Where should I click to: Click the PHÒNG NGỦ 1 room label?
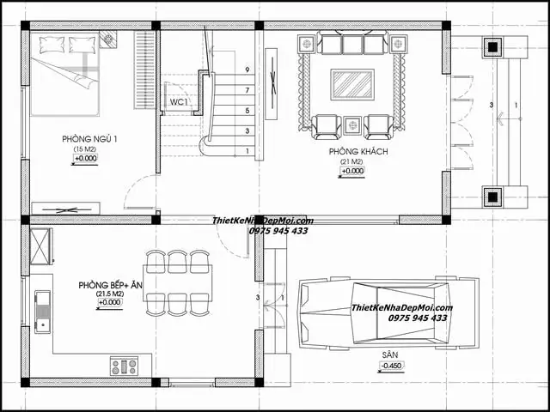point(89,139)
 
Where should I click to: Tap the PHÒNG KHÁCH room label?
point(351,152)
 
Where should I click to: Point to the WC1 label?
point(179,102)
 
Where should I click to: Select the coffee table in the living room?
point(351,84)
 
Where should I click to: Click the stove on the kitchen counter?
point(124,367)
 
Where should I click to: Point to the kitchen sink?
point(42,312)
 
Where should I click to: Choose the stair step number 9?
point(247,70)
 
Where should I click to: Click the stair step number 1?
point(247,152)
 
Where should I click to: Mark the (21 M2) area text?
point(351,162)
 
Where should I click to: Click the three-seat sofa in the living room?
point(352,44)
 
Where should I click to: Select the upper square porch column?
point(492,46)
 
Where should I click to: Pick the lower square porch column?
point(492,197)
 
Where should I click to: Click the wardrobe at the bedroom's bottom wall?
point(65,208)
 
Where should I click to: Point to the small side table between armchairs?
point(351,125)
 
